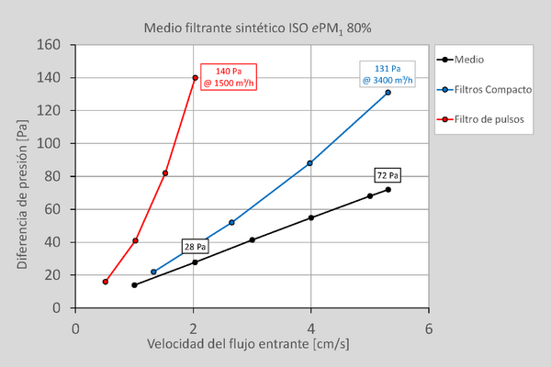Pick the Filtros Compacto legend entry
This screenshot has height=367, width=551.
(x=491, y=89)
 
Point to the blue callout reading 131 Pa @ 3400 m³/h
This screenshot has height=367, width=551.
(x=388, y=73)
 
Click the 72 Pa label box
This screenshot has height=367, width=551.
(x=388, y=175)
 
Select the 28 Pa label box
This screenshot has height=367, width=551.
(x=195, y=247)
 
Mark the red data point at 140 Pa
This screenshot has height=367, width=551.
(x=195, y=78)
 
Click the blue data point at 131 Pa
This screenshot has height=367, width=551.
(x=388, y=93)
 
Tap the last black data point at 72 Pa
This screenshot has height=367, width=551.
(x=388, y=190)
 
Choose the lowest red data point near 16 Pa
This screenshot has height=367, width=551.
(x=106, y=282)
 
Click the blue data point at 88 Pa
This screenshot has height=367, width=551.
(x=309, y=163)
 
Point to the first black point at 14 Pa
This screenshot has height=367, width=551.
(x=134, y=285)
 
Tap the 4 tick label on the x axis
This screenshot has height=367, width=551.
(x=311, y=328)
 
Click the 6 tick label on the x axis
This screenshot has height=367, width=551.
(x=429, y=328)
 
